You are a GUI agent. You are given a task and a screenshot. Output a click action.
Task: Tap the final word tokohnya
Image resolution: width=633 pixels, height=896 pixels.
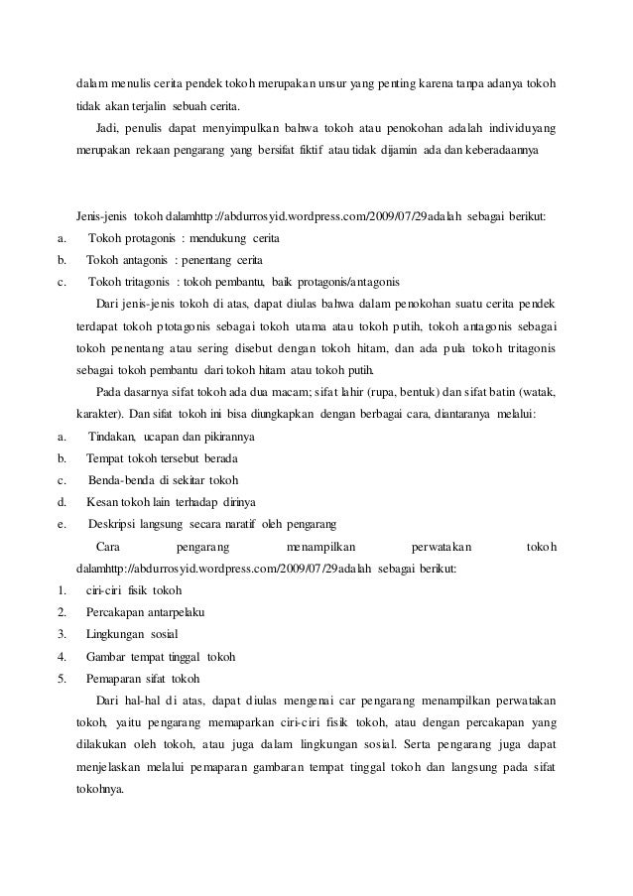pos(101,790)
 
